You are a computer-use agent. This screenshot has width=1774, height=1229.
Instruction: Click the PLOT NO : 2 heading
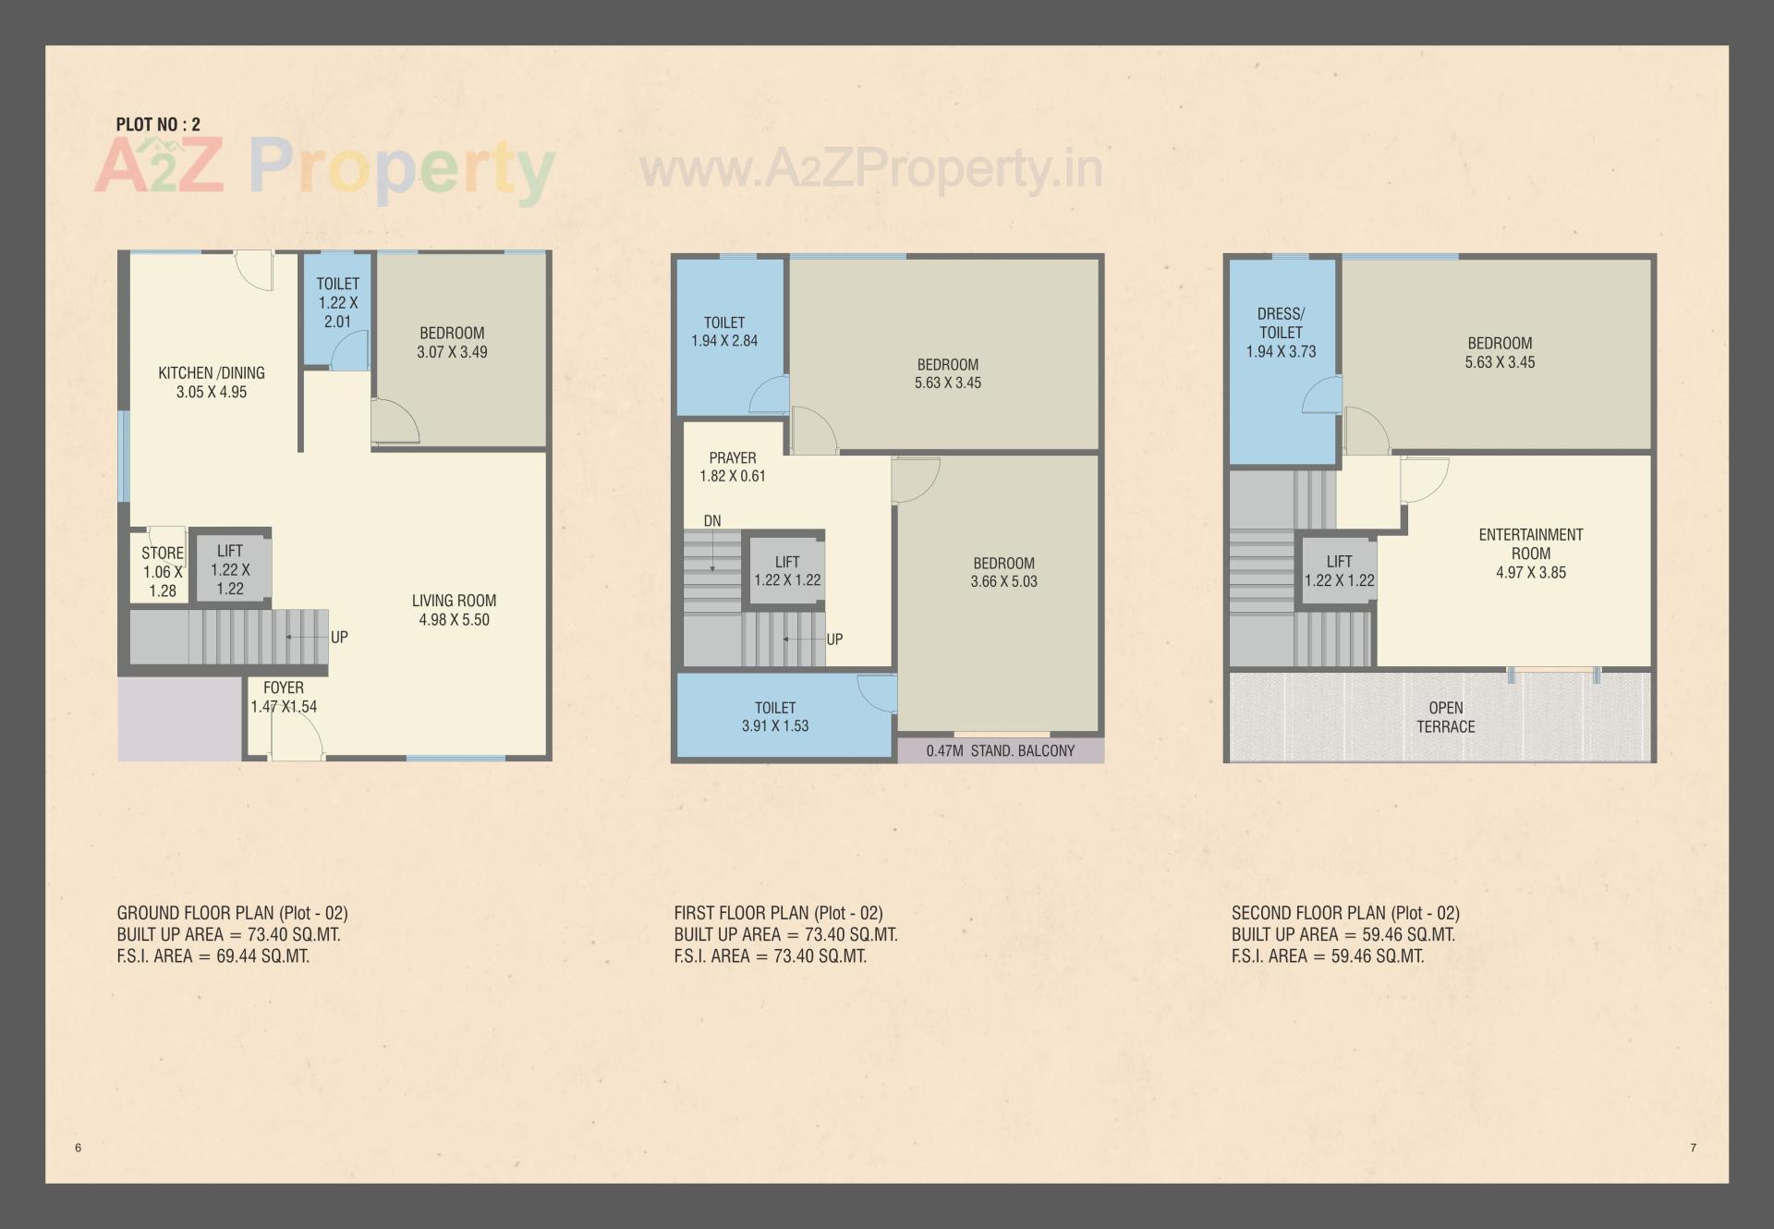tap(158, 125)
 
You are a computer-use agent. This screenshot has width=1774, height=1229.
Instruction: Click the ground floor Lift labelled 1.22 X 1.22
tap(230, 569)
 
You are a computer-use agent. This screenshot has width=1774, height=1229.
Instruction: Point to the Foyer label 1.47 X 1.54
tap(283, 697)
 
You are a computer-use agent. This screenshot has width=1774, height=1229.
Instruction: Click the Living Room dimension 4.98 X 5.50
tap(454, 620)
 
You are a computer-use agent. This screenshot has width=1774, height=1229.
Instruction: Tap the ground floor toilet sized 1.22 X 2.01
tap(337, 302)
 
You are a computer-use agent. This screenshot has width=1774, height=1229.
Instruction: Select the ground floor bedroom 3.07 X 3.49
tap(452, 342)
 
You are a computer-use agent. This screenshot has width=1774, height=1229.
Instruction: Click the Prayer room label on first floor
tap(733, 458)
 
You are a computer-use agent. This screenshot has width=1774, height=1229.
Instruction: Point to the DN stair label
tap(712, 521)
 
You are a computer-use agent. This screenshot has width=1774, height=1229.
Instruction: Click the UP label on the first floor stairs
tap(834, 639)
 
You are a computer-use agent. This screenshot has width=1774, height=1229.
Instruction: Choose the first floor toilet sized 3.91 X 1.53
tap(774, 717)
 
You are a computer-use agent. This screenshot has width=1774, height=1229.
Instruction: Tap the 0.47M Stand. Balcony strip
tap(1001, 751)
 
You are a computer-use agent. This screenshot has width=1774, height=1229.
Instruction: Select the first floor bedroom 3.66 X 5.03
tap(1003, 572)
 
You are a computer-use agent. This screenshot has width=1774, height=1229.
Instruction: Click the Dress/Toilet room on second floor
tap(1281, 333)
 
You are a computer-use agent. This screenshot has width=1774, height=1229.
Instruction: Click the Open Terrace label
tap(1445, 717)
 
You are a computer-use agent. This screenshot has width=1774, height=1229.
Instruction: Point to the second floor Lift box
tap(1339, 571)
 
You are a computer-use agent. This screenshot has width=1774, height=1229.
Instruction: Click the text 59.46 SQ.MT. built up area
tap(1408, 935)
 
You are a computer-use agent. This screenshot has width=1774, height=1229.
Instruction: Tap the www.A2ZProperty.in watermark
tap(870, 169)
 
